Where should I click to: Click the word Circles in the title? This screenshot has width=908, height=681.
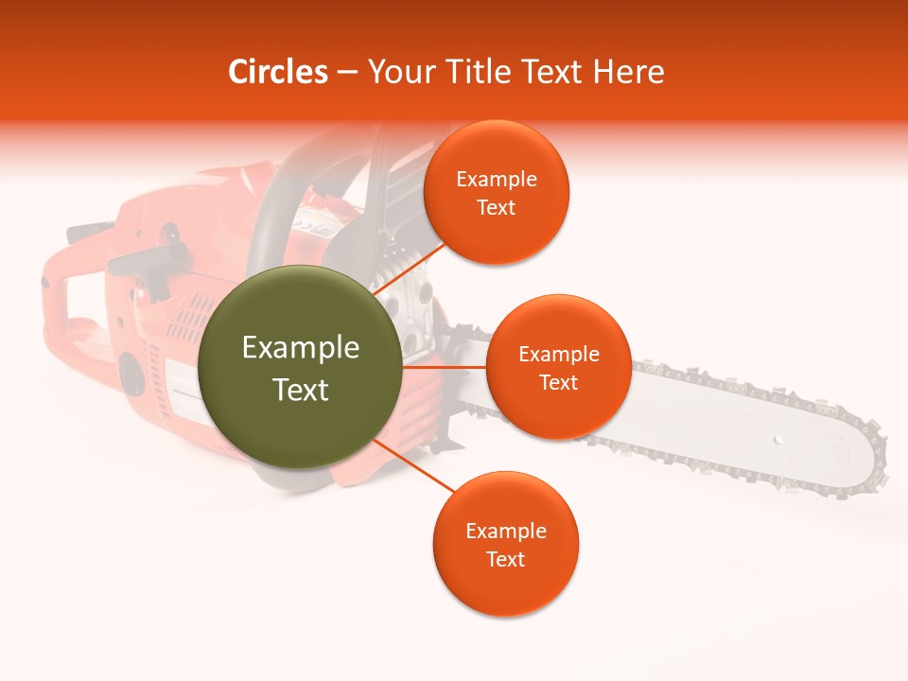(x=277, y=72)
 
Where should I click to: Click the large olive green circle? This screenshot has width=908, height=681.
(x=301, y=367)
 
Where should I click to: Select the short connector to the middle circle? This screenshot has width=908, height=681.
(x=444, y=367)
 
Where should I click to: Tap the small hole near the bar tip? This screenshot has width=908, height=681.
(x=777, y=440)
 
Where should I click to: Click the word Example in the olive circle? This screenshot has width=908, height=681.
(x=301, y=348)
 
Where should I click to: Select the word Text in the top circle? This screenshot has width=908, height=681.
(x=496, y=208)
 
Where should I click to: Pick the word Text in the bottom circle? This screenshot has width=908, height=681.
(x=505, y=560)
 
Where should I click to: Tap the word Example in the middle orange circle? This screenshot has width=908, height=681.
(x=558, y=355)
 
